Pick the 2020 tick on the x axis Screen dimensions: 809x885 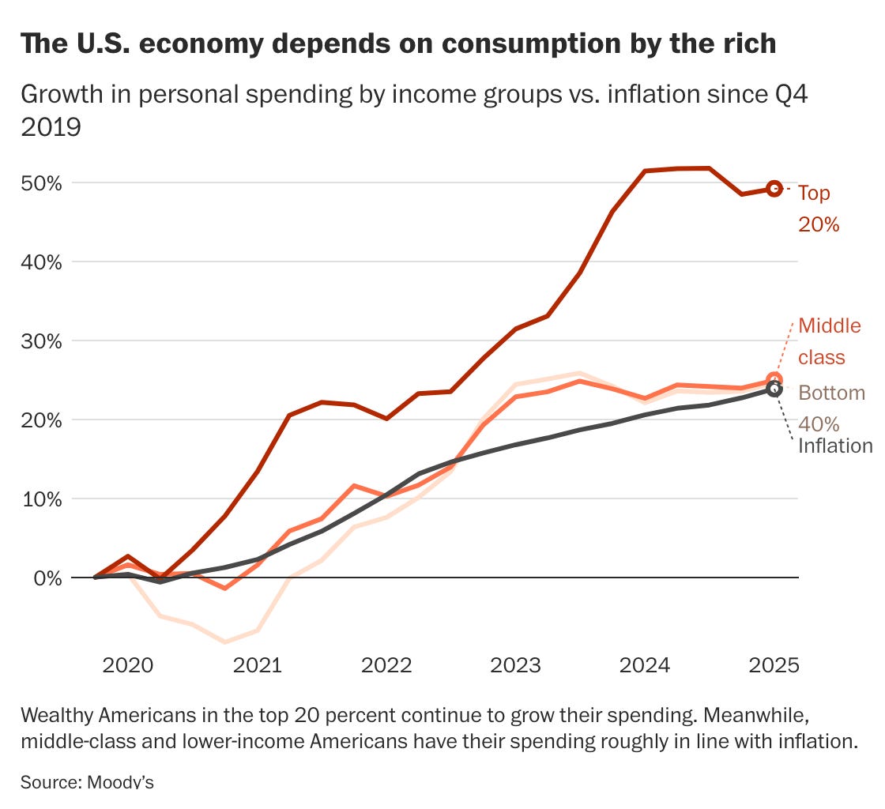pyautogui.click(x=127, y=665)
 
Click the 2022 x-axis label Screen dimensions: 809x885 pyautogui.click(x=386, y=665)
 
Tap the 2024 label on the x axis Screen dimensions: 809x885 pyautogui.click(x=645, y=665)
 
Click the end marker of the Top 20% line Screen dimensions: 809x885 pyautogui.click(x=774, y=188)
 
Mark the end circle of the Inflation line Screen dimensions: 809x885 pyautogui.click(x=774, y=389)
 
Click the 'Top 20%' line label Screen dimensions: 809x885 pyautogui.click(x=817, y=209)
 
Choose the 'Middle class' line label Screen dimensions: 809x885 pyautogui.click(x=829, y=341)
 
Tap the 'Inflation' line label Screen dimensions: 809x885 pyautogui.click(x=834, y=446)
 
